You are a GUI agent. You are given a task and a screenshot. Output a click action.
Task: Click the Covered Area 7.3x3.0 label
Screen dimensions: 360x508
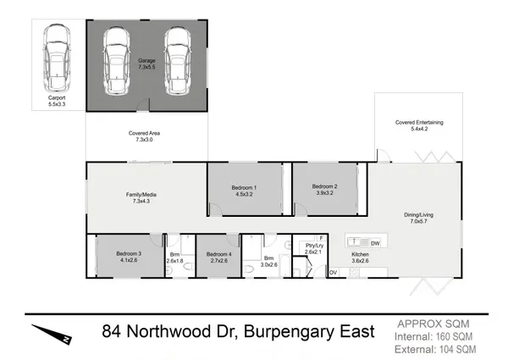(145, 136)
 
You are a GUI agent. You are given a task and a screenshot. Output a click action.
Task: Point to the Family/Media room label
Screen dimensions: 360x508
(145, 199)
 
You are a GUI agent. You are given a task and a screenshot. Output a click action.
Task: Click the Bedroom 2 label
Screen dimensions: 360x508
(324, 191)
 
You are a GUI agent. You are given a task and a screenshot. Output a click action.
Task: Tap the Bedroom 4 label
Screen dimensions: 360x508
(218, 257)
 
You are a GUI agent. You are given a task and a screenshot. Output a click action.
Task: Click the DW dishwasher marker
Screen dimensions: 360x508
(375, 243)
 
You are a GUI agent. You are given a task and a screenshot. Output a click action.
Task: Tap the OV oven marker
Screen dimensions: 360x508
(334, 271)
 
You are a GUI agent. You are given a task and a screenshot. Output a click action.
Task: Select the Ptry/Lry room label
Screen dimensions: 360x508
(314, 248)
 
